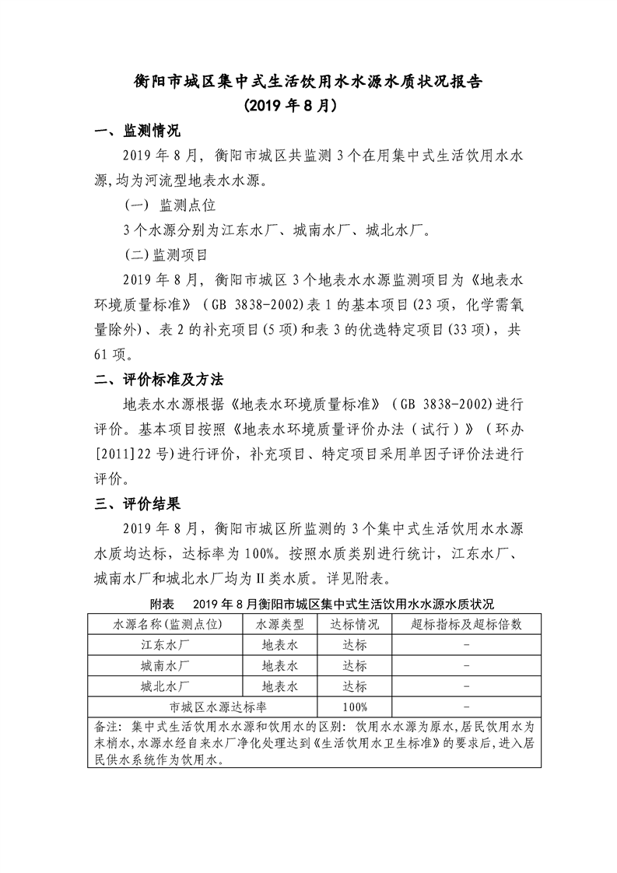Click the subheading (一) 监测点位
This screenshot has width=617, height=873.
[x=170, y=205]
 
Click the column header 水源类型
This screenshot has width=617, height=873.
[x=279, y=625]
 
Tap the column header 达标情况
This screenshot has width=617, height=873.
[x=354, y=625]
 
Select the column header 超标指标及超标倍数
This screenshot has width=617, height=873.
[x=465, y=625]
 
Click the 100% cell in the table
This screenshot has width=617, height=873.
[x=354, y=706]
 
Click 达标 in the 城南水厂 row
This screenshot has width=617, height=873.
[x=354, y=666]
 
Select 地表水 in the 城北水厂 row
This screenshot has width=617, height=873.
[x=279, y=686]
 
